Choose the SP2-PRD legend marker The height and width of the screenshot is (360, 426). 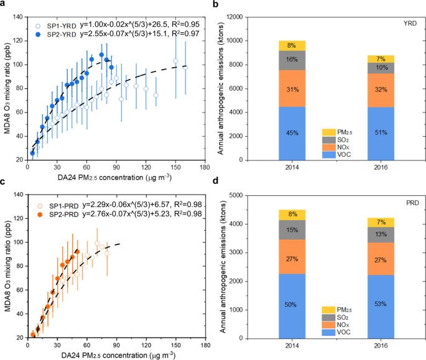[39, 213]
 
